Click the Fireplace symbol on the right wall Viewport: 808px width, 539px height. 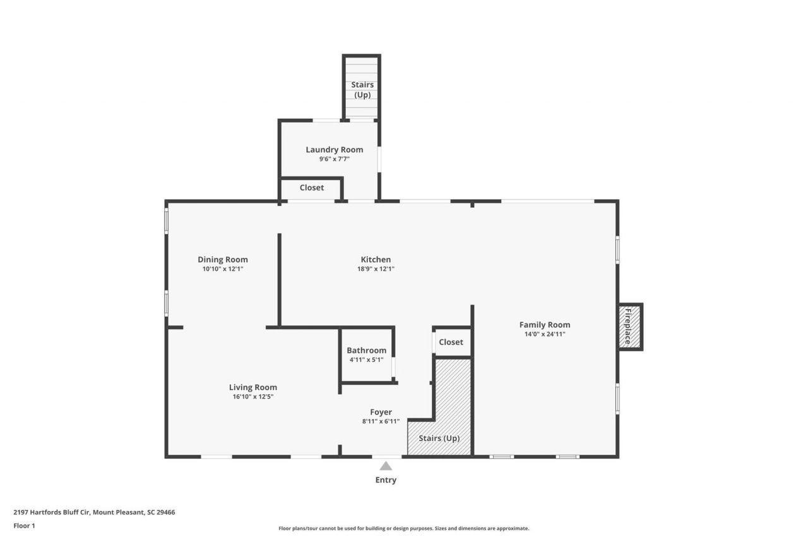pyautogui.click(x=629, y=327)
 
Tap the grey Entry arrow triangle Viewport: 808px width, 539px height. pyautogui.click(x=386, y=466)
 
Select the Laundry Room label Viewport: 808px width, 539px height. pyautogui.click(x=334, y=150)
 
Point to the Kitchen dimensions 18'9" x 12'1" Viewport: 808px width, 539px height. pyautogui.click(x=376, y=269)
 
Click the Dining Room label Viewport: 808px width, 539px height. pyautogui.click(x=222, y=259)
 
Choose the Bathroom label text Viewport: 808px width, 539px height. pyautogui.click(x=366, y=350)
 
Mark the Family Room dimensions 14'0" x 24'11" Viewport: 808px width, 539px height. pyautogui.click(x=544, y=334)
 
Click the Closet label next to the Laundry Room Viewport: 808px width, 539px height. pyautogui.click(x=312, y=188)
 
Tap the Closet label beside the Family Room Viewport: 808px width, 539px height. pyautogui.click(x=451, y=342)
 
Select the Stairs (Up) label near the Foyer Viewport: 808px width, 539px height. pyautogui.click(x=439, y=438)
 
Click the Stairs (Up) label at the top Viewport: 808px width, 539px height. pyautogui.click(x=362, y=89)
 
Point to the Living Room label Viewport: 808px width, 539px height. pyautogui.click(x=252, y=387)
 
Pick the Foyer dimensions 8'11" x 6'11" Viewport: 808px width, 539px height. pyautogui.click(x=381, y=421)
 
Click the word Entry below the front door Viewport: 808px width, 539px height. pyautogui.click(x=386, y=480)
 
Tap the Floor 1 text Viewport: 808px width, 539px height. pyautogui.click(x=24, y=525)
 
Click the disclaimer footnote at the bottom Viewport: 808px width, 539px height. pyautogui.click(x=404, y=528)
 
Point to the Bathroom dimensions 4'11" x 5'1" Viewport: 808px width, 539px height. pyautogui.click(x=366, y=360)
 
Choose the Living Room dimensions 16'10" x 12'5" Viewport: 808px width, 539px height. pyautogui.click(x=252, y=397)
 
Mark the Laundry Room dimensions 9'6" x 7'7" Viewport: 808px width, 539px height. pyautogui.click(x=334, y=159)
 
